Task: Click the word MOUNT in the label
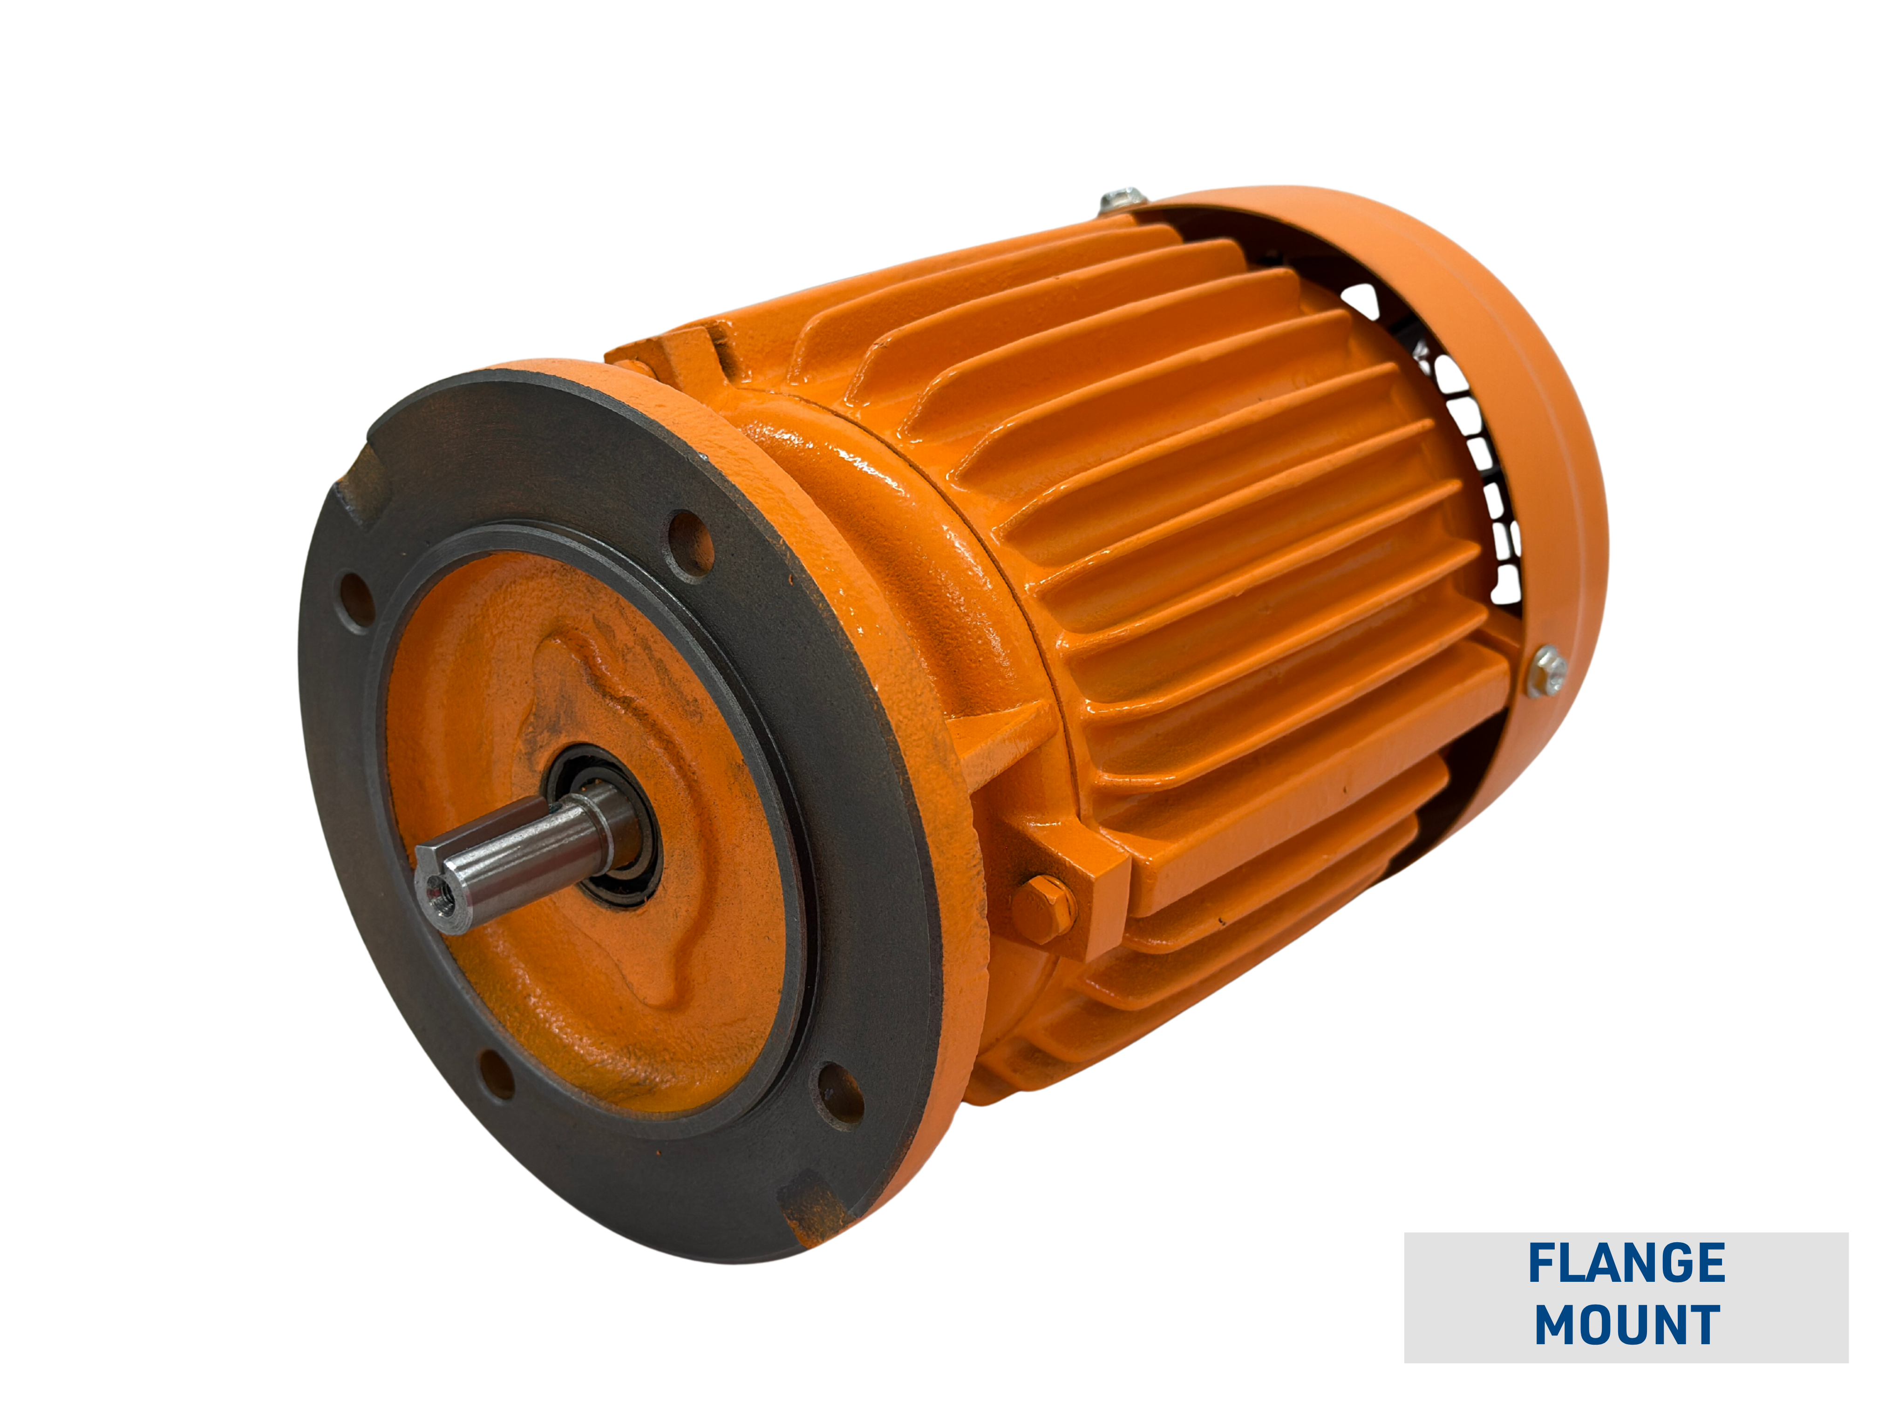(x=1626, y=1324)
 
